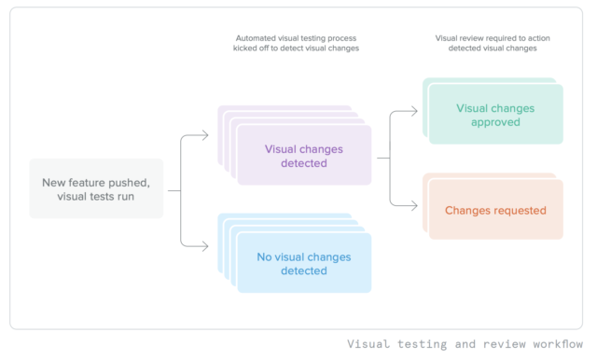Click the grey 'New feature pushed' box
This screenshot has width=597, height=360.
click(x=96, y=189)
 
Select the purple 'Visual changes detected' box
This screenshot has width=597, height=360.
click(x=303, y=156)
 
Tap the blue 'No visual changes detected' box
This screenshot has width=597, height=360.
click(x=303, y=263)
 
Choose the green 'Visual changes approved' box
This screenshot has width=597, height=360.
click(x=495, y=115)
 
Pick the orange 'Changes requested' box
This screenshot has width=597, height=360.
click(x=495, y=210)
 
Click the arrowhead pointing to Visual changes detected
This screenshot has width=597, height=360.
click(x=206, y=137)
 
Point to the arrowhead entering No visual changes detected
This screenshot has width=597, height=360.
click(x=206, y=245)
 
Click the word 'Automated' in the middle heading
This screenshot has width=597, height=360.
click(x=254, y=39)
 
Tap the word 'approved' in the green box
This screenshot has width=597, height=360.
click(x=495, y=122)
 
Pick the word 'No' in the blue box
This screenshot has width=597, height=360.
click(x=265, y=256)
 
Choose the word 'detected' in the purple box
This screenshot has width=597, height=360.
click(x=303, y=163)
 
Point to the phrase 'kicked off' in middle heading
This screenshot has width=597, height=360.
click(x=256, y=48)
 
